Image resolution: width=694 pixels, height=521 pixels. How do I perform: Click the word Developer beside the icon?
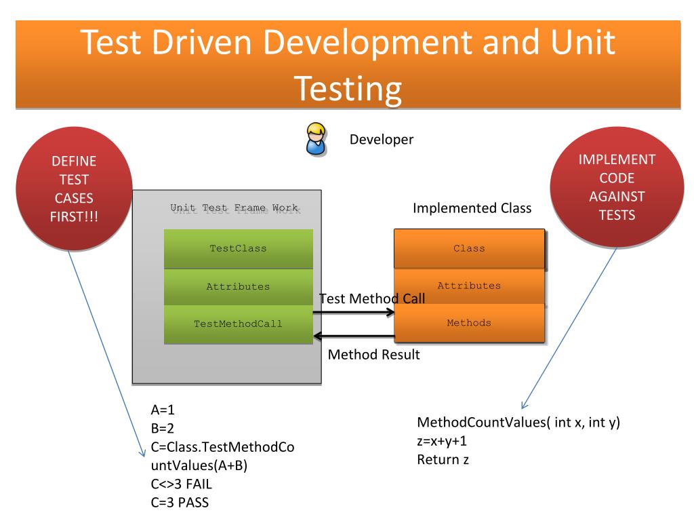pos(381,140)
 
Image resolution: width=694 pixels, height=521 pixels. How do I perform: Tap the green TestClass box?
pos(238,248)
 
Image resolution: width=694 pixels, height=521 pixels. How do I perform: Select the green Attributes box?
pos(238,286)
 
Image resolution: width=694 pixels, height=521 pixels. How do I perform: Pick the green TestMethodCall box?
pos(238,324)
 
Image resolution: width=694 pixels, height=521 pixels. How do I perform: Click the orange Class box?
pos(469,248)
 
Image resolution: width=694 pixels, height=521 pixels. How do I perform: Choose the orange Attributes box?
pos(469,286)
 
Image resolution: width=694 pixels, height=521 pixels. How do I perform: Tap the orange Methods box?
pos(469,322)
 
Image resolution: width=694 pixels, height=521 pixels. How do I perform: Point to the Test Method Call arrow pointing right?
pos(353,313)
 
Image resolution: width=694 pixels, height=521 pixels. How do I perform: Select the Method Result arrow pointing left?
pos(353,336)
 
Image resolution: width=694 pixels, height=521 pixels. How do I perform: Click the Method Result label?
pos(373,354)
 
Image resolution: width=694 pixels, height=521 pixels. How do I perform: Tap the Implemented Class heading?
pos(472,208)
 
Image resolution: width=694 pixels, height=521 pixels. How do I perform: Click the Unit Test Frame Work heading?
pos(234,208)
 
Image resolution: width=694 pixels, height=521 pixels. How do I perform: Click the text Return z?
pos(443,459)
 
